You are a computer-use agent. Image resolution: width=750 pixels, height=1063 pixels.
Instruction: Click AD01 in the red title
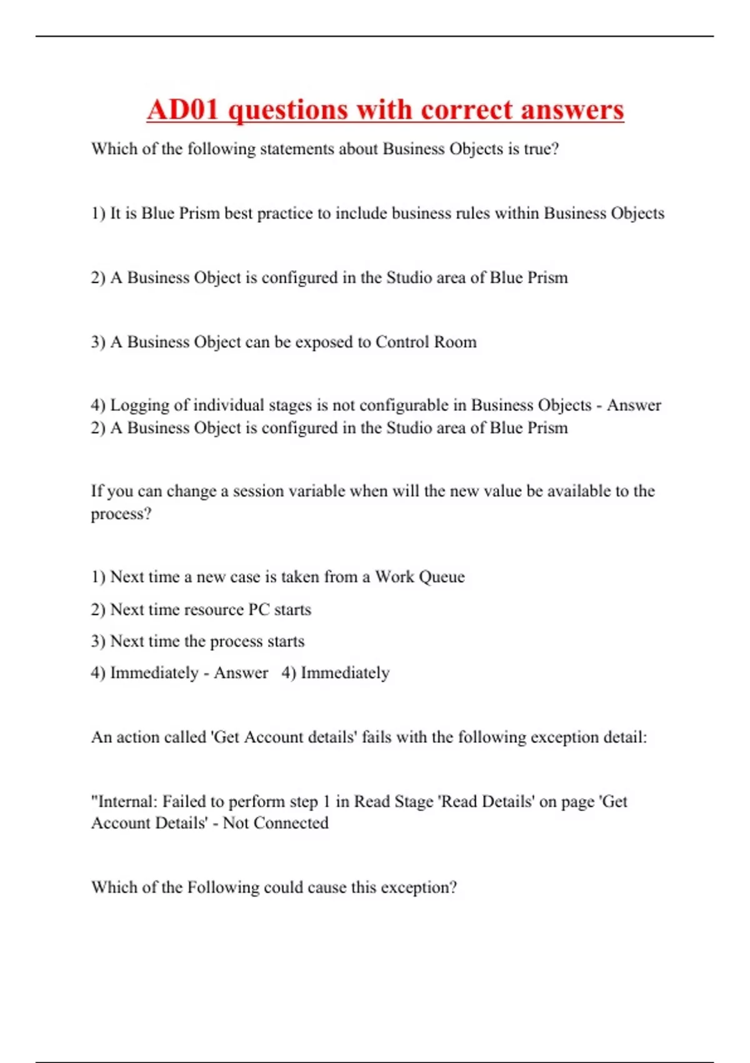[183, 110]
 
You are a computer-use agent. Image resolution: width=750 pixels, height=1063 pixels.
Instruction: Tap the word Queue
[442, 577]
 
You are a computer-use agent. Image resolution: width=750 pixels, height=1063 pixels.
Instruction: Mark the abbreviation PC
[259, 610]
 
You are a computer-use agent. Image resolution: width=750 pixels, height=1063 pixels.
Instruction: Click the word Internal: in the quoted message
[126, 802]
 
